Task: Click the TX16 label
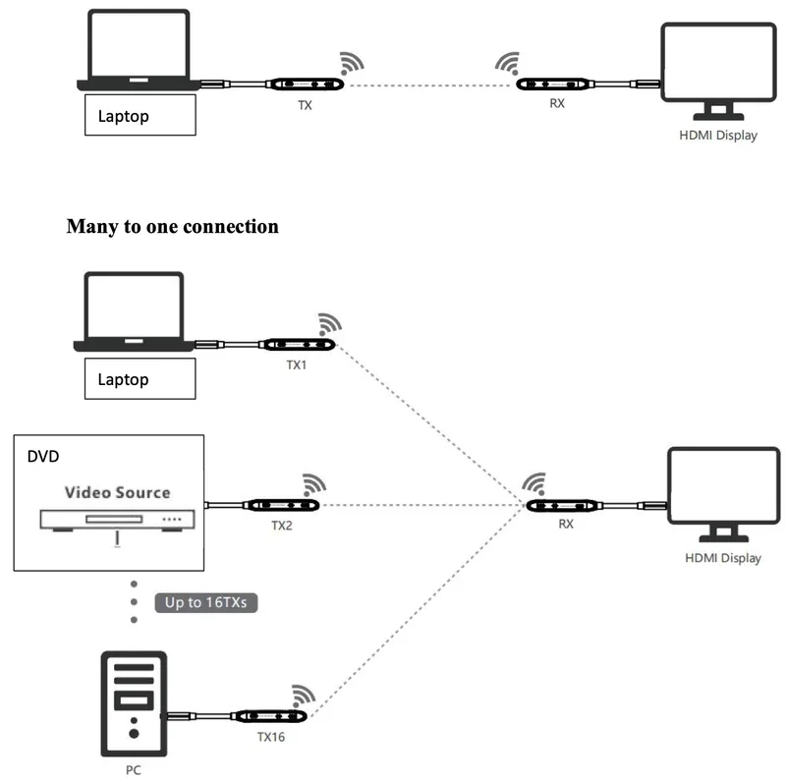pyautogui.click(x=271, y=737)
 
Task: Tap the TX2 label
pyautogui.click(x=282, y=526)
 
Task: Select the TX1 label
pyautogui.click(x=297, y=364)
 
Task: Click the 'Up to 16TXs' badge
pyautogui.click(x=206, y=602)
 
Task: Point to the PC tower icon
pyautogui.click(x=134, y=703)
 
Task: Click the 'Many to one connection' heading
pyautogui.click(x=173, y=227)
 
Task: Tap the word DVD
pyautogui.click(x=43, y=456)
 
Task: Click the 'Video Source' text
pyautogui.click(x=117, y=492)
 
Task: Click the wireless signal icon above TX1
pyautogui.click(x=330, y=324)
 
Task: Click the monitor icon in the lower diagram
pyautogui.click(x=724, y=494)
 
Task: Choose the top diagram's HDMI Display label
pyautogui.click(x=718, y=136)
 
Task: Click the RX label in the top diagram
pyautogui.click(x=557, y=103)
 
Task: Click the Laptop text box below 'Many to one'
pyautogui.click(x=140, y=379)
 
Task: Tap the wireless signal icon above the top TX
pyautogui.click(x=352, y=63)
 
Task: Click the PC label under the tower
pyautogui.click(x=134, y=770)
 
